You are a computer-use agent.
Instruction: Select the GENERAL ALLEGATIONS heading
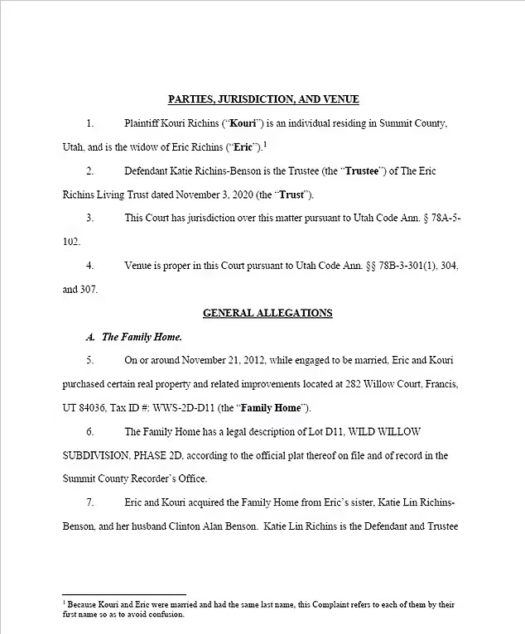[267, 313]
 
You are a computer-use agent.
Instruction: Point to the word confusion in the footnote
[166, 615]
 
